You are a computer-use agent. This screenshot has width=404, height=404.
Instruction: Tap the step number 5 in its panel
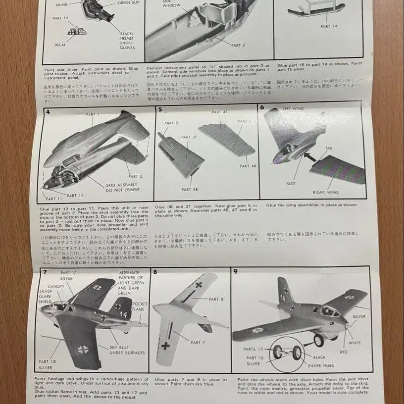point(160,109)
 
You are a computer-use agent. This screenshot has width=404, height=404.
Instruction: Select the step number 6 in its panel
point(262,107)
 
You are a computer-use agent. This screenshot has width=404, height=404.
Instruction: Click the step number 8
point(155,272)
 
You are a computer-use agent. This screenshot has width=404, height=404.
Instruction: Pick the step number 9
point(235,271)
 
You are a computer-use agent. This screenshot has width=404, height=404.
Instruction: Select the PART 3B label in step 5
point(187,190)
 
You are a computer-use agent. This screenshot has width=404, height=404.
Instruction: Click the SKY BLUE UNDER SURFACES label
point(127,350)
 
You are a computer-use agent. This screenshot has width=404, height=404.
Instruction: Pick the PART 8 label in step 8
point(217,299)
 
